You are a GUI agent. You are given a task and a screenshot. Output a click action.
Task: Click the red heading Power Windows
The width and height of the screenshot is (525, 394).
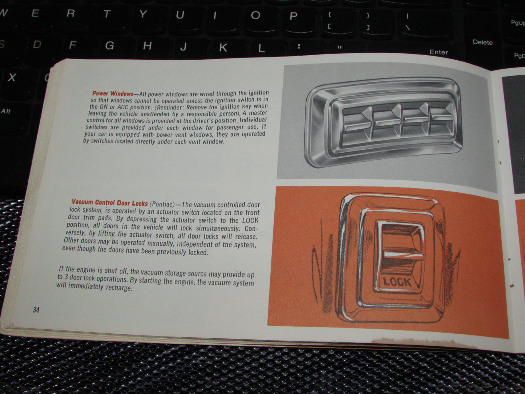click(x=113, y=93)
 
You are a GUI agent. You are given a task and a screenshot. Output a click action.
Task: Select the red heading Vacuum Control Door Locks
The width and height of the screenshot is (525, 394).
click(x=110, y=202)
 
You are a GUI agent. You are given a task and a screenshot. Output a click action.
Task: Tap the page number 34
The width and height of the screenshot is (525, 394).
click(x=36, y=310)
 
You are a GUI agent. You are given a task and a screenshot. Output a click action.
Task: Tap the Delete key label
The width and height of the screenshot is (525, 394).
click(x=482, y=42)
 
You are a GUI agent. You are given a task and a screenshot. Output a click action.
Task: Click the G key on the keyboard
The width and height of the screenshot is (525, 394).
click(x=110, y=45)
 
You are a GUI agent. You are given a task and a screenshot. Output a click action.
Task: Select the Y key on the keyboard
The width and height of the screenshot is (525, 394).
click(x=143, y=14)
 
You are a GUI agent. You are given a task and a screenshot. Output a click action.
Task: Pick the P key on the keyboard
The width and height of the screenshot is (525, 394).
click(x=294, y=16)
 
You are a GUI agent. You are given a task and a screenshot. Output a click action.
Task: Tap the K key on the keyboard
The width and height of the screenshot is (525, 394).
click(x=223, y=47)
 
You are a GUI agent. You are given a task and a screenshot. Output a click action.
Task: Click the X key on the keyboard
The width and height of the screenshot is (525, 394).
click(x=12, y=77)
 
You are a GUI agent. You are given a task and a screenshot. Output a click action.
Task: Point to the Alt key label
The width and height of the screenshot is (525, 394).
click(x=6, y=111)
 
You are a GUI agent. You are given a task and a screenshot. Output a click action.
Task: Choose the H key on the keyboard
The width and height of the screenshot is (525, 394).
click(x=148, y=46)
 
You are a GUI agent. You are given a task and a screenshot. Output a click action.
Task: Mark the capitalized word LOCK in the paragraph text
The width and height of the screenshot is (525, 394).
click(x=250, y=220)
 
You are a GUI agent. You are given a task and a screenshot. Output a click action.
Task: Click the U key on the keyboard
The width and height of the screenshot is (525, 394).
click(x=180, y=15)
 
